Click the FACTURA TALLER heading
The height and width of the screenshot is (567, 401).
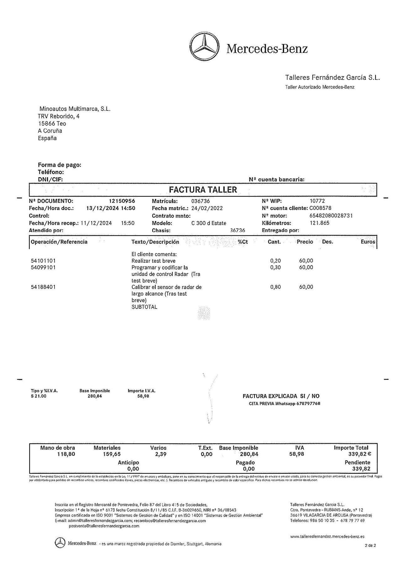[x=203, y=190]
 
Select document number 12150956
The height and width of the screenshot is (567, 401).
[x=122, y=201]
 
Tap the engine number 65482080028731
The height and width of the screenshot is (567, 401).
[x=331, y=216]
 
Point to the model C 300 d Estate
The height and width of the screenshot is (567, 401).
[x=209, y=223]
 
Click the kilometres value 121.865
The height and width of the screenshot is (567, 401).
[x=319, y=223]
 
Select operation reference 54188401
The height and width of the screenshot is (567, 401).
[x=43, y=287]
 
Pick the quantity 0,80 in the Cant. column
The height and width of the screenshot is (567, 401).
[x=275, y=287]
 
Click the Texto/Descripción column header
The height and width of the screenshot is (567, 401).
[x=155, y=242]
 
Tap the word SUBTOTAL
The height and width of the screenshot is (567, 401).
[x=144, y=307]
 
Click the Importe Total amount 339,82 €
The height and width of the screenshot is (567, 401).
[x=360, y=454]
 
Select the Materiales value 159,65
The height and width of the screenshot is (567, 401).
[x=112, y=454]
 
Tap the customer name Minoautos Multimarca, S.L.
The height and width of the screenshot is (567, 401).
[x=75, y=109]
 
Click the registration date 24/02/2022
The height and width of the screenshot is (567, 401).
[x=207, y=208]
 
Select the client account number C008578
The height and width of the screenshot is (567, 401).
[x=320, y=208]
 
